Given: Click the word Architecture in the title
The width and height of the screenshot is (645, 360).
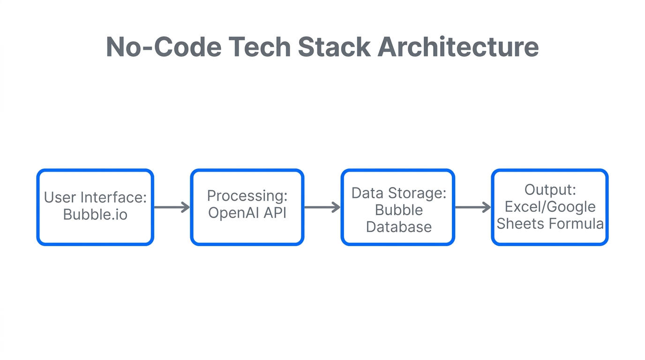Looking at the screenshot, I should click(458, 47).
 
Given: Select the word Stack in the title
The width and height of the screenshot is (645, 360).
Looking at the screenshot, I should click(334, 47).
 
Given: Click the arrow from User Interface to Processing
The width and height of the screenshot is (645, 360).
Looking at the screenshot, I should click(172, 207).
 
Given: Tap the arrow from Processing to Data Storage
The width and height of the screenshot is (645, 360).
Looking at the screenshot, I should click(322, 207).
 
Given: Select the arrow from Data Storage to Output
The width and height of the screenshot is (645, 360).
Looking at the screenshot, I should click(473, 207).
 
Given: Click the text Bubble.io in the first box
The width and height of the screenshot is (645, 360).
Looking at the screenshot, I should click(95, 214).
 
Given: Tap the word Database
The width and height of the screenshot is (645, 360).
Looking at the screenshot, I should click(399, 227).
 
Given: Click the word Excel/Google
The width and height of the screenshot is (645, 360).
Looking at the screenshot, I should click(550, 207).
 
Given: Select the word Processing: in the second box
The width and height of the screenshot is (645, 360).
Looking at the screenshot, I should click(247, 195).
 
